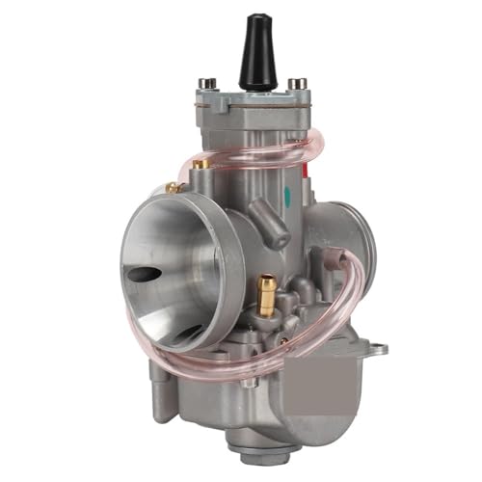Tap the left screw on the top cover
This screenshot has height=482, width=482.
204,86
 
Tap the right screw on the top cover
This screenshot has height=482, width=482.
299,84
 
